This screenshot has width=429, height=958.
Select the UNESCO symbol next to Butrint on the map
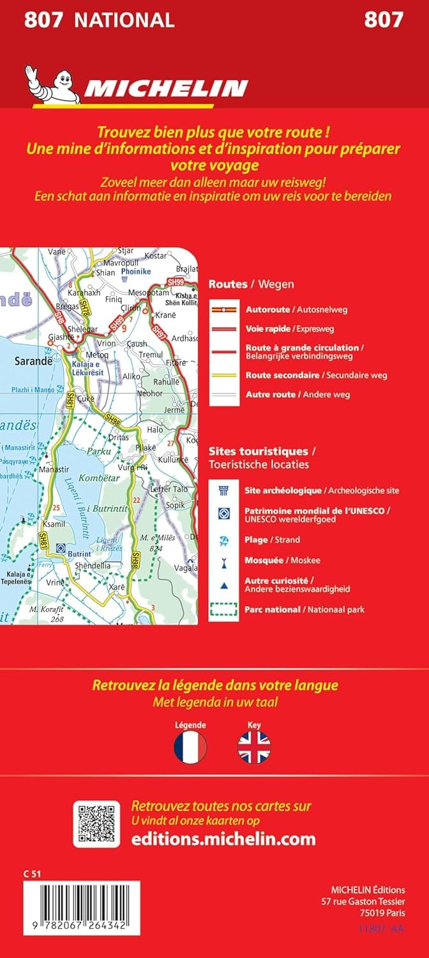(x=61, y=547)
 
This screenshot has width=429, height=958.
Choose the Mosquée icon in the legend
(x=223, y=560)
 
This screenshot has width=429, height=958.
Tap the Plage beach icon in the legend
(x=223, y=540)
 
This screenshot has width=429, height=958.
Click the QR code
(x=96, y=824)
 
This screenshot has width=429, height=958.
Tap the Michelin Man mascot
(x=51, y=83)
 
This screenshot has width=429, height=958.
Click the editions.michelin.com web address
(x=223, y=839)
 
